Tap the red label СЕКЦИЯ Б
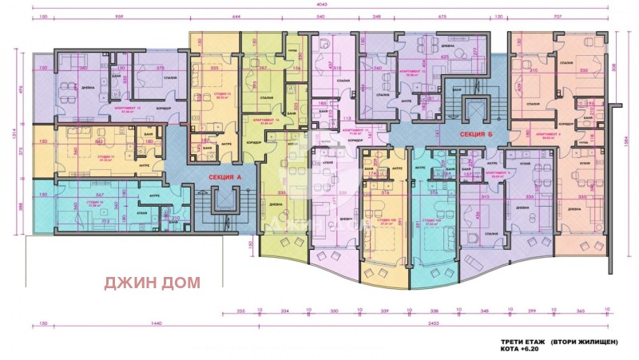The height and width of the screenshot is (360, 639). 473,136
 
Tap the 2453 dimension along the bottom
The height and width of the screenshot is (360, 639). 432,325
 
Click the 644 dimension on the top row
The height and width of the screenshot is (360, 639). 236,16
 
